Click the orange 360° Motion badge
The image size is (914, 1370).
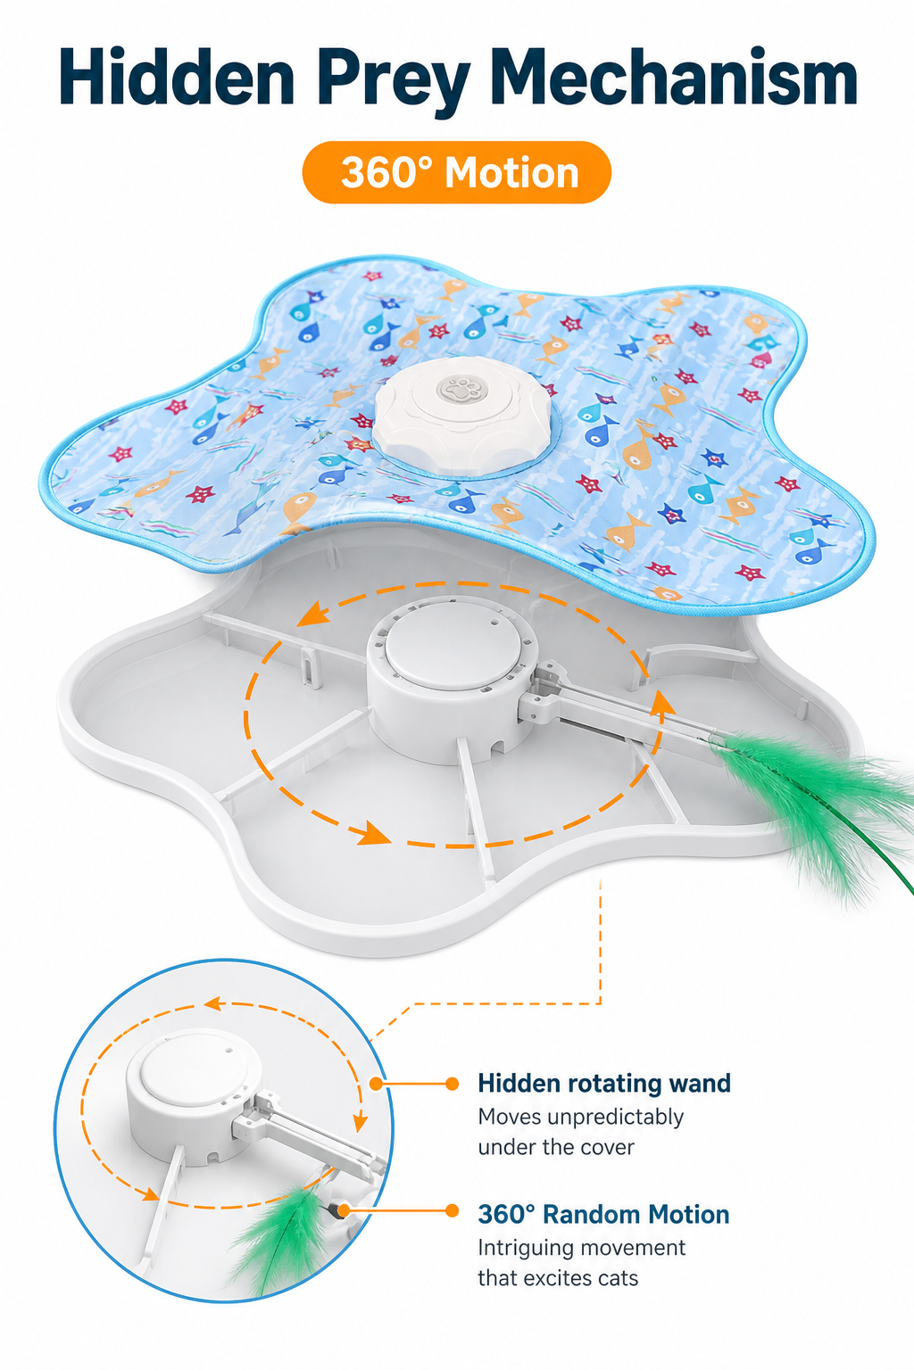[x=457, y=172]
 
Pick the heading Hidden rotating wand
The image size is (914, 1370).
[x=604, y=1083]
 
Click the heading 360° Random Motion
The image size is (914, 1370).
[x=603, y=1214]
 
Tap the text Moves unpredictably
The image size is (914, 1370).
[x=580, y=1118]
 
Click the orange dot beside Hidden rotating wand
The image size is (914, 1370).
[x=453, y=1084]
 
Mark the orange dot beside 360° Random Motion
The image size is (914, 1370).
[x=453, y=1210]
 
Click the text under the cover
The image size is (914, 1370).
[x=556, y=1147]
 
